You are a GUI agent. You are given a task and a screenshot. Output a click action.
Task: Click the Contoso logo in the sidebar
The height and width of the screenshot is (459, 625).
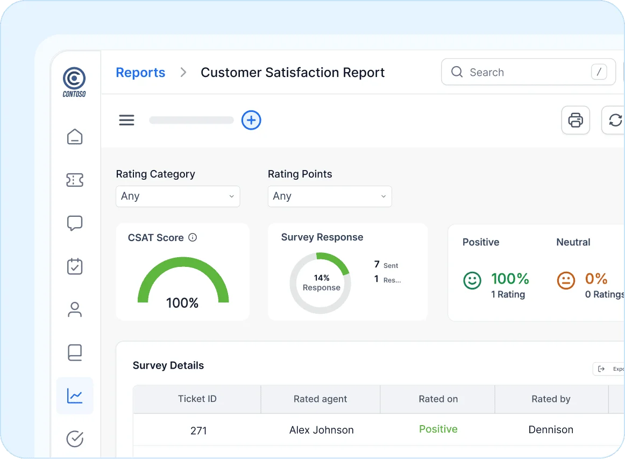click(x=74, y=81)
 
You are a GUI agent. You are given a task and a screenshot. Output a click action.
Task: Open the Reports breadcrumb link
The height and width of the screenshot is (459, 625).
click(x=140, y=73)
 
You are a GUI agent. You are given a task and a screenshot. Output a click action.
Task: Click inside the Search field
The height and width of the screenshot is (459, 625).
click(x=522, y=72)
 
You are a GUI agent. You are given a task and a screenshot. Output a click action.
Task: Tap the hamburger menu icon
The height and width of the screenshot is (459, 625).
click(x=126, y=120)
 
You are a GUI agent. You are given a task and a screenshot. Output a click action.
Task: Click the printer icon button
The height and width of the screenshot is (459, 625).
click(x=576, y=120)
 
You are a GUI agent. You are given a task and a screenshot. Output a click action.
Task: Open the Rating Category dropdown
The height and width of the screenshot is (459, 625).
click(x=177, y=196)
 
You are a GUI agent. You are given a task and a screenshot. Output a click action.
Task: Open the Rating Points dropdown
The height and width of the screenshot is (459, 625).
click(x=330, y=196)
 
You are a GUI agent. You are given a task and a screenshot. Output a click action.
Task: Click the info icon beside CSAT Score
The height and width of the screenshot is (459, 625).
click(x=193, y=237)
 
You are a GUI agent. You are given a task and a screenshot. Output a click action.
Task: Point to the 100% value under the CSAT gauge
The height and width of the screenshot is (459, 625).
click(x=182, y=303)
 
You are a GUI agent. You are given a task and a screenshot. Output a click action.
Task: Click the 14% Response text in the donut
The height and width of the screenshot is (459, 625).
click(x=322, y=283)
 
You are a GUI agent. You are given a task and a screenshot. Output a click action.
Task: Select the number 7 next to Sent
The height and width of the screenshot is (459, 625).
click(x=377, y=264)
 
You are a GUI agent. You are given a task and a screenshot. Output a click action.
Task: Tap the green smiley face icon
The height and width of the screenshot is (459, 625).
click(x=472, y=280)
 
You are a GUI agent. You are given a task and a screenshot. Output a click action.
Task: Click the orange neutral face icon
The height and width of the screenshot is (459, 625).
click(x=565, y=280)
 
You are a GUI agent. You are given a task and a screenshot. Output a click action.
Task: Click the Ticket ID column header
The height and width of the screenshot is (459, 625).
click(x=197, y=399)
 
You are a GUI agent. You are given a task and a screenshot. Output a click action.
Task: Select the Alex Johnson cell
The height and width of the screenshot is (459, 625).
click(x=321, y=430)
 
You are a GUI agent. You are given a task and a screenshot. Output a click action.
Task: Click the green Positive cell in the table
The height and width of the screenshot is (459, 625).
click(x=438, y=429)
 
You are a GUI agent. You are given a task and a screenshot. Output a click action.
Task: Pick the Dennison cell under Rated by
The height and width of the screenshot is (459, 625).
click(x=551, y=429)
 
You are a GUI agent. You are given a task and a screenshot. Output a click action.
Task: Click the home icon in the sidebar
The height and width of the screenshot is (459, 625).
click(x=75, y=137)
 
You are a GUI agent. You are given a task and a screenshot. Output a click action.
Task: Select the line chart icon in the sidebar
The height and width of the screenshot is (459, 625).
click(x=75, y=396)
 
